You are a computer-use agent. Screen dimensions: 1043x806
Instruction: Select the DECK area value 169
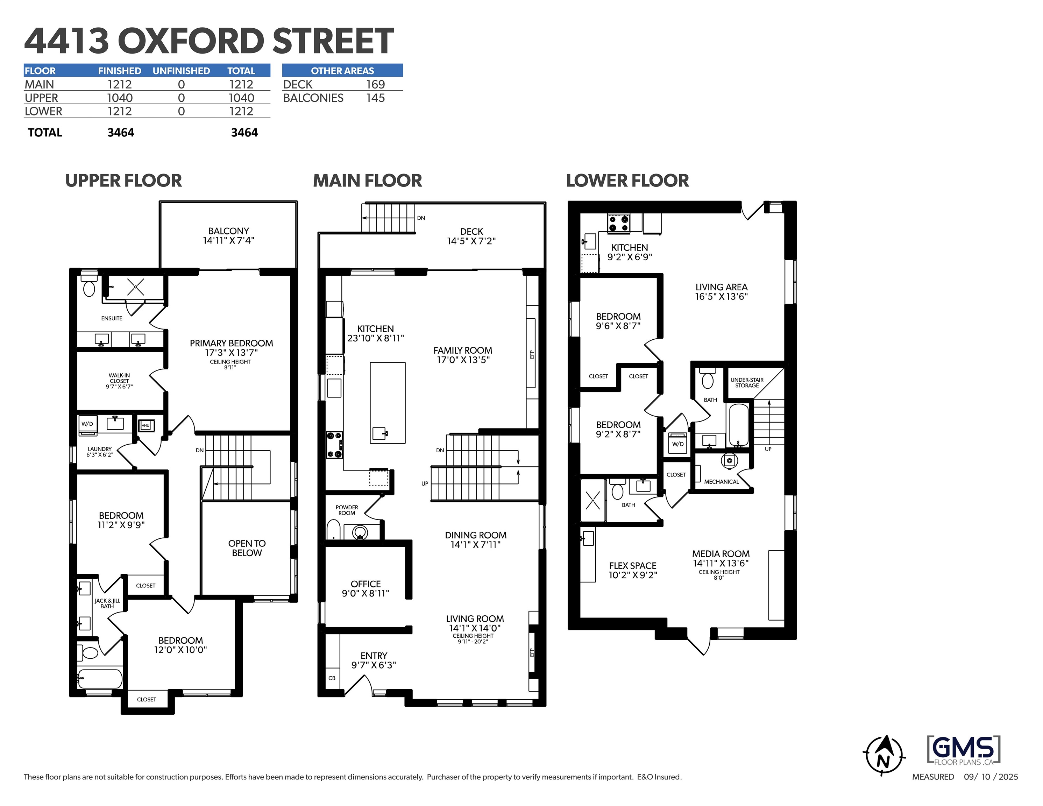pyautogui.click(x=375, y=85)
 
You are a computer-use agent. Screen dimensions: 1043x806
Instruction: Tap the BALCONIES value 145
pyautogui.click(x=375, y=98)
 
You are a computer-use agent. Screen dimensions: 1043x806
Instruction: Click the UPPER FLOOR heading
pyautogui.click(x=124, y=181)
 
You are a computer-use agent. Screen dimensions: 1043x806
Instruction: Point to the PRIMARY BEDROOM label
pyautogui.click(x=231, y=343)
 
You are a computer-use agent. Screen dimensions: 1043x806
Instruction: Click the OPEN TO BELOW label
pyautogui.click(x=247, y=548)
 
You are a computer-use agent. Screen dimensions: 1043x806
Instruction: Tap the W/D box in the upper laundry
pyautogui.click(x=87, y=424)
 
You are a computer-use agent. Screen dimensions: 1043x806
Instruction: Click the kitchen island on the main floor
pyautogui.click(x=388, y=403)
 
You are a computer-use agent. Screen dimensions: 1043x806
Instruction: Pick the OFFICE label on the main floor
pyautogui.click(x=366, y=584)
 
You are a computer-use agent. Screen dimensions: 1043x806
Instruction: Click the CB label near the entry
pyautogui.click(x=332, y=678)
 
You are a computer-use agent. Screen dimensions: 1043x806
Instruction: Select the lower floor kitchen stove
pyautogui.click(x=618, y=223)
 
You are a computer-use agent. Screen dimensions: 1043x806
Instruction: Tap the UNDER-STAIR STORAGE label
pyautogui.click(x=747, y=383)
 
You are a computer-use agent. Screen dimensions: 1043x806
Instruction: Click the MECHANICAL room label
pyautogui.click(x=721, y=482)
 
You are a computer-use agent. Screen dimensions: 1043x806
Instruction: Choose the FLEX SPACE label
pyautogui.click(x=633, y=566)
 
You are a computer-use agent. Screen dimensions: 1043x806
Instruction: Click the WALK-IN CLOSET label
pyautogui.click(x=119, y=381)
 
